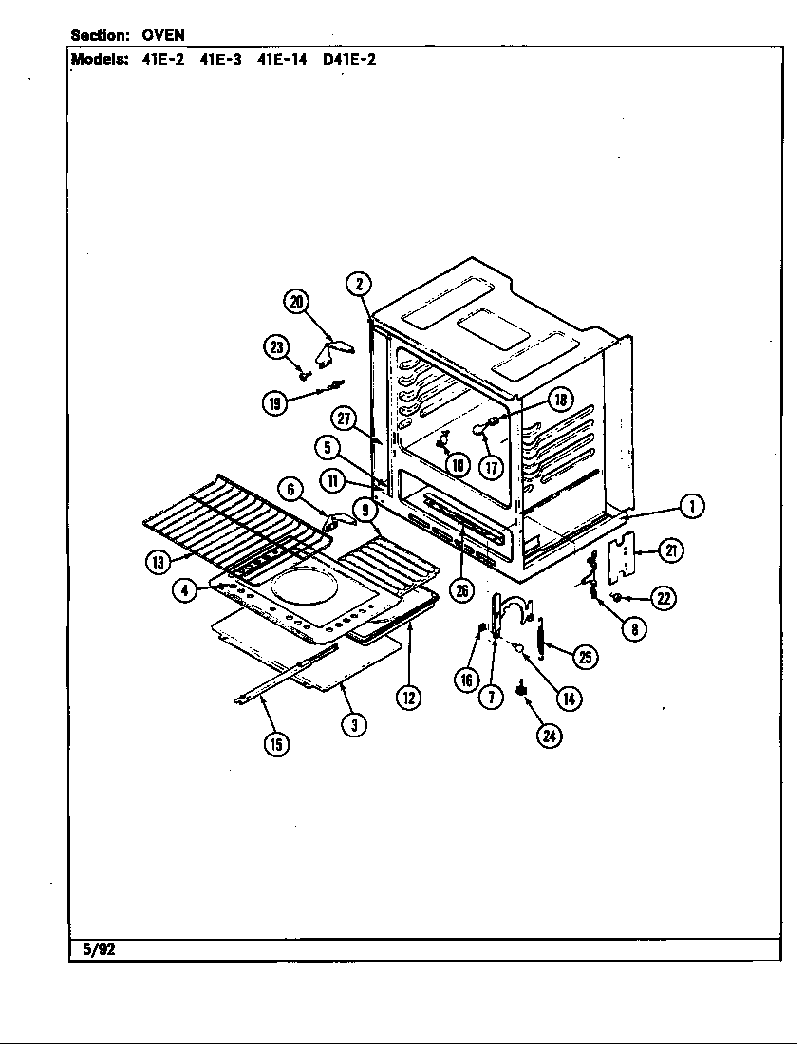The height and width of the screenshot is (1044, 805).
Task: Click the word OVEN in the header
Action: pos(163,35)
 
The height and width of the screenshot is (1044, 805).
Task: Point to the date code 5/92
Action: pos(92,949)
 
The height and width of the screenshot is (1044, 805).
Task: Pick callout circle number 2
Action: pos(358,283)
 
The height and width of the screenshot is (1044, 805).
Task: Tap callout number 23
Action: pos(276,347)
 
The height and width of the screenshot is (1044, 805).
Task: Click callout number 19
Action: pos(276,402)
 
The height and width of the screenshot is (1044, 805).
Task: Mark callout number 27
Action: pos(343,418)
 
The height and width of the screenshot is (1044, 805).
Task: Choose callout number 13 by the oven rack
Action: pos(157,562)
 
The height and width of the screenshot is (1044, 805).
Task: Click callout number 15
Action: pos(275,744)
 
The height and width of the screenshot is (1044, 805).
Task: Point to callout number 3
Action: pos(353,724)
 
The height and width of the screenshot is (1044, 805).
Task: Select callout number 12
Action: pos(408,698)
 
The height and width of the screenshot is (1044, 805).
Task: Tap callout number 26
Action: pos(461,591)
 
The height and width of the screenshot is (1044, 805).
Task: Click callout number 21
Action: pos(671,550)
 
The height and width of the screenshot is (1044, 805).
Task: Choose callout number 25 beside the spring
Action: pos(587,656)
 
